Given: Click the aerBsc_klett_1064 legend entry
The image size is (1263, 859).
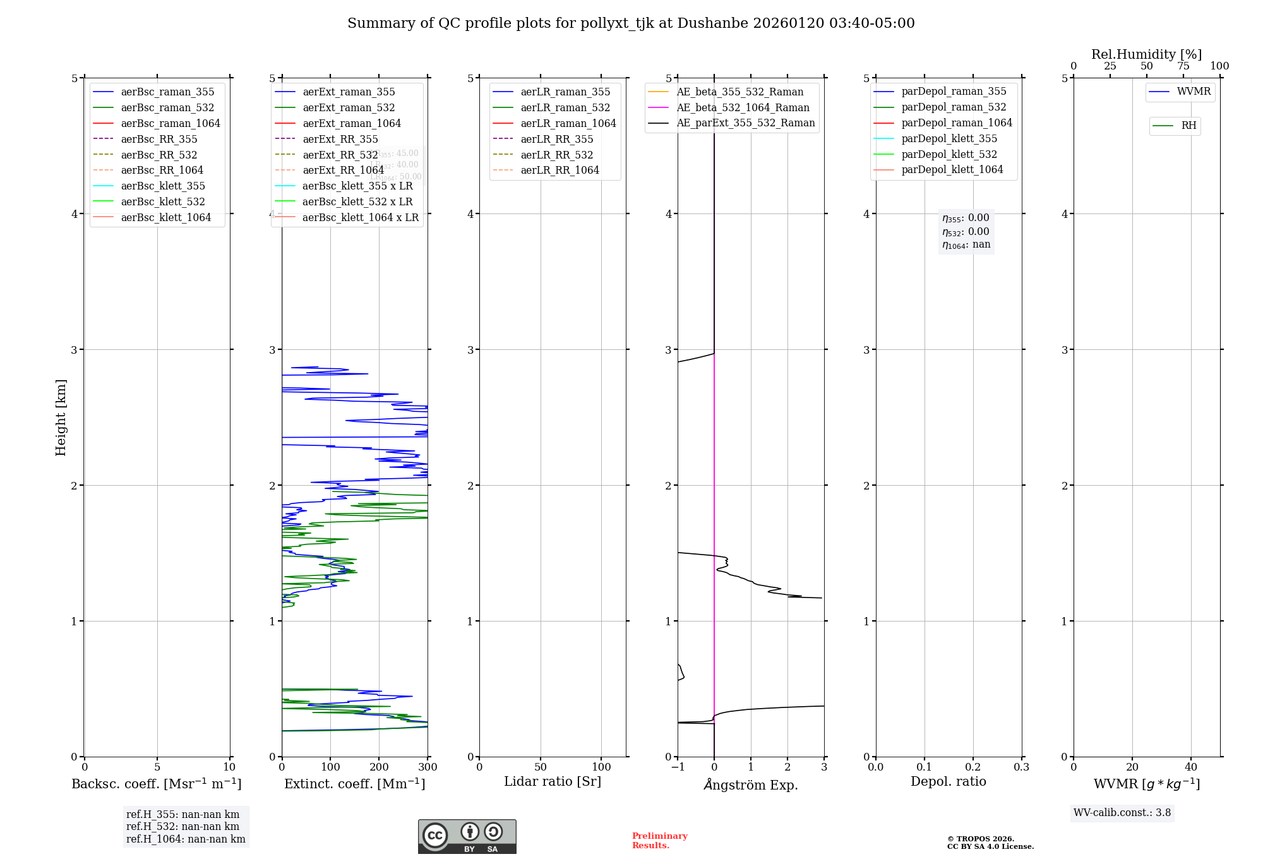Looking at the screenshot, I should point(165,217).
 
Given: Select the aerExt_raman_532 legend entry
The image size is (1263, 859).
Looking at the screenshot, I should point(349,107).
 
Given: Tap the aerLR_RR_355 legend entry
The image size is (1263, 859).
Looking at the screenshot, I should point(556,139).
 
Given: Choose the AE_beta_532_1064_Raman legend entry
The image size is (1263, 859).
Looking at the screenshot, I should point(743,107).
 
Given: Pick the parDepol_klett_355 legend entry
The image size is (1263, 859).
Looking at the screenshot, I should point(949,138).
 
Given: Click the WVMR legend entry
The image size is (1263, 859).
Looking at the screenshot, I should point(1194,92).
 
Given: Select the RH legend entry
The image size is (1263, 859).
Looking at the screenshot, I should point(1188,126).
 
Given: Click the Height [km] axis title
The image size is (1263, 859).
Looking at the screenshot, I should point(61,417).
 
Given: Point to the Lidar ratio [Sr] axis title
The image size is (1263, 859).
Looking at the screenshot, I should point(553,781).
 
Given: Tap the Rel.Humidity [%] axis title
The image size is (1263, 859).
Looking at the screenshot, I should point(1146,54).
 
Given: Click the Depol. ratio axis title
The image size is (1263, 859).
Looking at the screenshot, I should point(948,781).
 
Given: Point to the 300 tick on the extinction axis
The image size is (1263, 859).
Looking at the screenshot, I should point(428,767).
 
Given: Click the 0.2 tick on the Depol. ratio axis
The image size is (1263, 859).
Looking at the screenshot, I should point(973,767).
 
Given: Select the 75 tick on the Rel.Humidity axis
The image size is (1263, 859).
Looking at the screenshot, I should point(1183,66).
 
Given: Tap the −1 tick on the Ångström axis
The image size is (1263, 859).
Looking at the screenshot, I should point(678,767).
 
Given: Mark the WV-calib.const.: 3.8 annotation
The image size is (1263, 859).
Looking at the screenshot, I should point(1122,813).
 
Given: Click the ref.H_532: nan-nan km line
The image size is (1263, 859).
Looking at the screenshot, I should point(183,826).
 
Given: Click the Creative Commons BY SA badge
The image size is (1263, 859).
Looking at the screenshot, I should point(467,836).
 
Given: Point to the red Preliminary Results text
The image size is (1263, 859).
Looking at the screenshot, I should point(659,841).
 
